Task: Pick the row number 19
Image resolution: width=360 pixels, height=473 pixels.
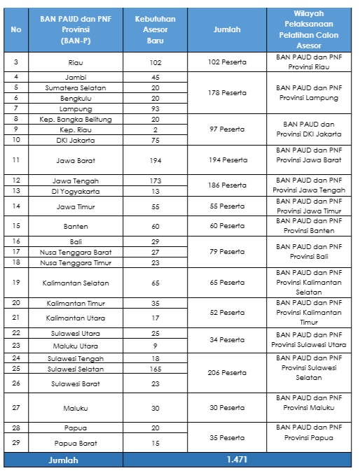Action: [x=16, y=282]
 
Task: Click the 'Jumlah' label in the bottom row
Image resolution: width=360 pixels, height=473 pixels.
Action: [x=62, y=460]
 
